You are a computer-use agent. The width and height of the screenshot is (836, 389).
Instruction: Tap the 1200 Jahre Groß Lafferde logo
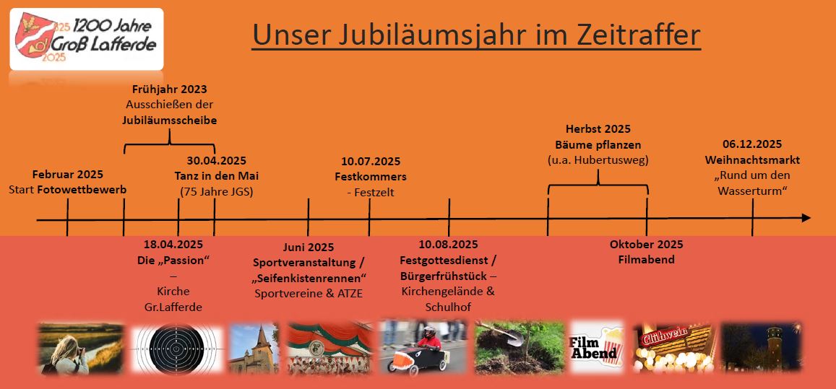coord(87,40)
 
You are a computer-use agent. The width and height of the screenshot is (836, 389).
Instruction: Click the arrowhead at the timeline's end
coord(806,218)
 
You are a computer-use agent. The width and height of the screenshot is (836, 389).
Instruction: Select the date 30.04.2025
coord(217,160)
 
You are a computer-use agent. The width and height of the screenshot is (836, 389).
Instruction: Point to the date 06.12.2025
coord(752,144)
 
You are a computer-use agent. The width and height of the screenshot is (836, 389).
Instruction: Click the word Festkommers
coord(371,176)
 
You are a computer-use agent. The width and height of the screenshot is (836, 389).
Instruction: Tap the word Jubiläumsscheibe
coord(169,120)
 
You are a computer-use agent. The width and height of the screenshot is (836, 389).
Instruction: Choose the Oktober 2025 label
coord(646,245)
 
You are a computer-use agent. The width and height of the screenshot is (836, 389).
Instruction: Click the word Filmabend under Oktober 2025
coord(646,260)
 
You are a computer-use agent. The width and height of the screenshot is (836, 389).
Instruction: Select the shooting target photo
coord(177,349)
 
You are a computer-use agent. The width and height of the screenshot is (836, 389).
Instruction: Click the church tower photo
coord(254,349)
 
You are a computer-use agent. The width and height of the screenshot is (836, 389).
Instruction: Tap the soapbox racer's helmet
coord(429,331)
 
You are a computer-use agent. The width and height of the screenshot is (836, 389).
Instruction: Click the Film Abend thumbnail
coord(597,347)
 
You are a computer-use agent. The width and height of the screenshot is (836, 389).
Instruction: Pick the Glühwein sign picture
coord(673,348)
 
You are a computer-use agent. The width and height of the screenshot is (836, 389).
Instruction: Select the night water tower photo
coord(761,347)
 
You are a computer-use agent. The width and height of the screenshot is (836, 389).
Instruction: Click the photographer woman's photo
coord(80,349)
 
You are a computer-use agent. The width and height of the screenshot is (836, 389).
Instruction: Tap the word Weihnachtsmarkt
coord(752,160)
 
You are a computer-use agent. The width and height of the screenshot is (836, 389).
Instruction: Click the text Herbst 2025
coord(598,129)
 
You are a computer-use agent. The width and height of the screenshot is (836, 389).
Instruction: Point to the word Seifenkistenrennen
coord(310,278)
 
